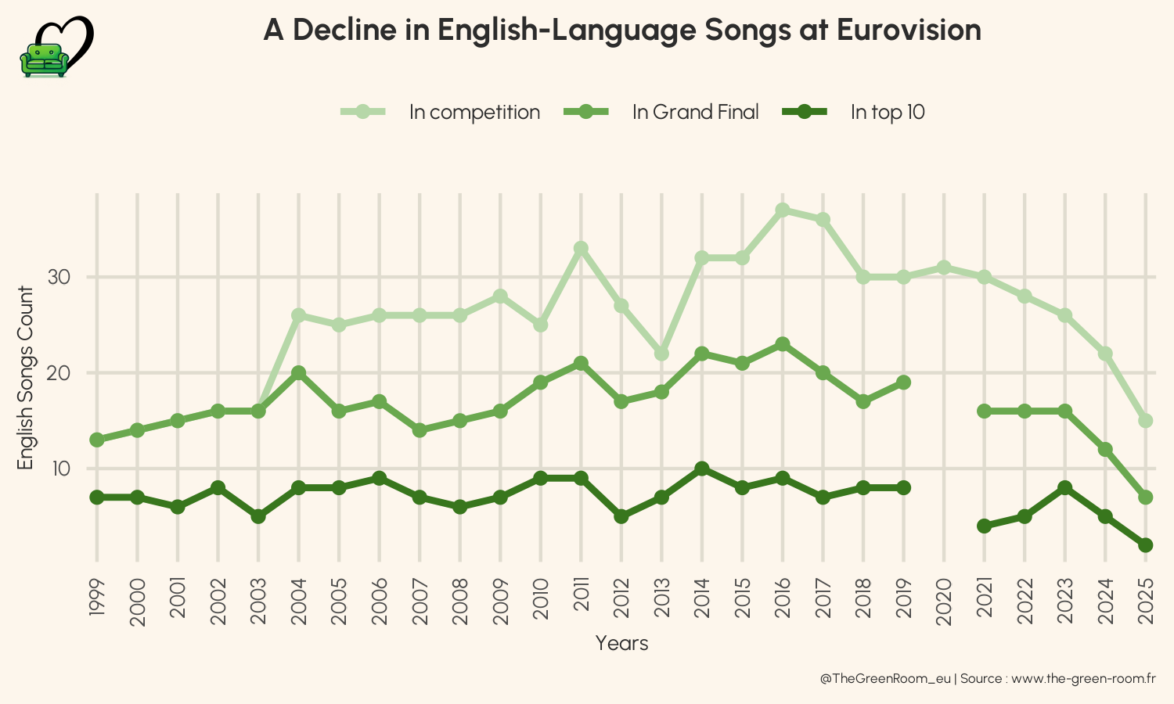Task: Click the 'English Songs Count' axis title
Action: click(26, 378)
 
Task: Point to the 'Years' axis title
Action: click(621, 643)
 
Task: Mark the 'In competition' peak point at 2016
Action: click(783, 210)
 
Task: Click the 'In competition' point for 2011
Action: click(581, 248)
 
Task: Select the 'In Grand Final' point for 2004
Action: click(298, 372)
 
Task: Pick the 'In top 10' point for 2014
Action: click(702, 469)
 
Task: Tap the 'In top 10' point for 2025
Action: click(1146, 545)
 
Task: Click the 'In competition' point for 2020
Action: click(944, 268)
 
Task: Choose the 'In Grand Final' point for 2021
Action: click(985, 411)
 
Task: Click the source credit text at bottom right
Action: click(988, 678)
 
